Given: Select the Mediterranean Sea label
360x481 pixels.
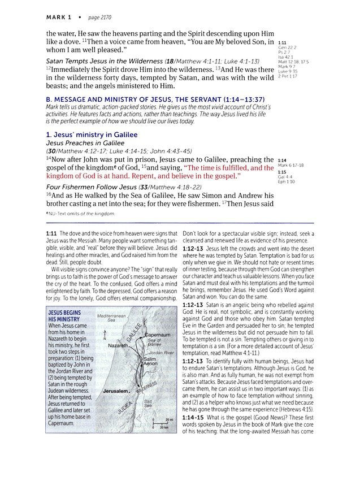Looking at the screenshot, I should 111,318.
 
